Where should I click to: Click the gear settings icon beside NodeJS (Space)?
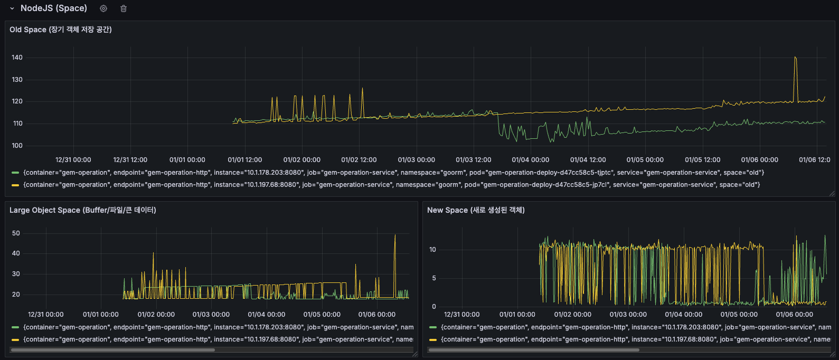(103, 8)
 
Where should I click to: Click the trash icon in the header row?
(124, 8)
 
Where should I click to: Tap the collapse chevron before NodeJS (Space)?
(12, 8)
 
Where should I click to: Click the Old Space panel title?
(61, 30)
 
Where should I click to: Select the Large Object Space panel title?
(83, 210)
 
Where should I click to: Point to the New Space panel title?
(476, 210)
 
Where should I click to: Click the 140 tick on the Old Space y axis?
(17, 58)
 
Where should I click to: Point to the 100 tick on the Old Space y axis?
(17, 146)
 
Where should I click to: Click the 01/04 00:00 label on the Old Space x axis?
(530, 160)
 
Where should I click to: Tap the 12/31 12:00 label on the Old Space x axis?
(130, 160)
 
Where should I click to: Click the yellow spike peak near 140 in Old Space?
(795, 58)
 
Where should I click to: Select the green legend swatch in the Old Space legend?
(15, 173)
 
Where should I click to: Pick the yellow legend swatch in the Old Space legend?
(15, 185)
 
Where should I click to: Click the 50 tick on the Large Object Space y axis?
(16, 233)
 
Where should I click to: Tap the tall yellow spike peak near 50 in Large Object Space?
(395, 235)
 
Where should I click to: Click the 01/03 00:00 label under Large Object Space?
(211, 315)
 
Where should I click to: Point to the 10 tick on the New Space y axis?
(432, 250)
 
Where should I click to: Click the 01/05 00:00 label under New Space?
(739, 315)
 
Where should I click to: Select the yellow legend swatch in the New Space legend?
(433, 339)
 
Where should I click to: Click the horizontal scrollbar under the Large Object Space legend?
(112, 349)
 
